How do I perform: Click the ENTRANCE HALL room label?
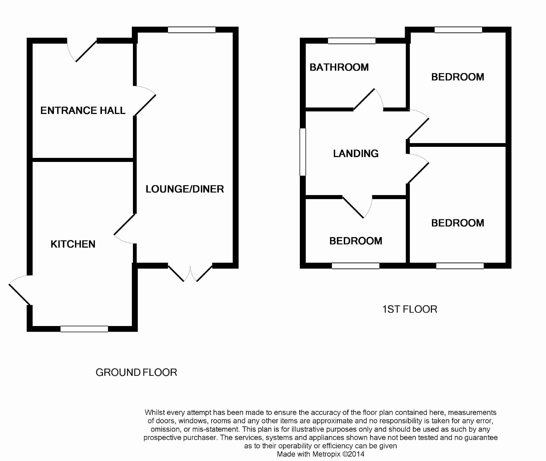[83, 110]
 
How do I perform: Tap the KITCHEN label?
[73, 244]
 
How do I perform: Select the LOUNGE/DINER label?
[185, 189]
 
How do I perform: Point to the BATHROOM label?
[339, 67]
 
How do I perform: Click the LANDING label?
[356, 154]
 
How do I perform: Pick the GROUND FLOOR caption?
[136, 372]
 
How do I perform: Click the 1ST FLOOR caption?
[410, 309]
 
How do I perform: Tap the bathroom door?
[367, 100]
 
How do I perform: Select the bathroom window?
[352, 41]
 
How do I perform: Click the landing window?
[303, 152]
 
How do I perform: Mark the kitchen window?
[84, 329]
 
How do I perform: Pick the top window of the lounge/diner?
[191, 30]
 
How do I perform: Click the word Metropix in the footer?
[326, 454]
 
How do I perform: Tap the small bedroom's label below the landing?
[356, 241]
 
